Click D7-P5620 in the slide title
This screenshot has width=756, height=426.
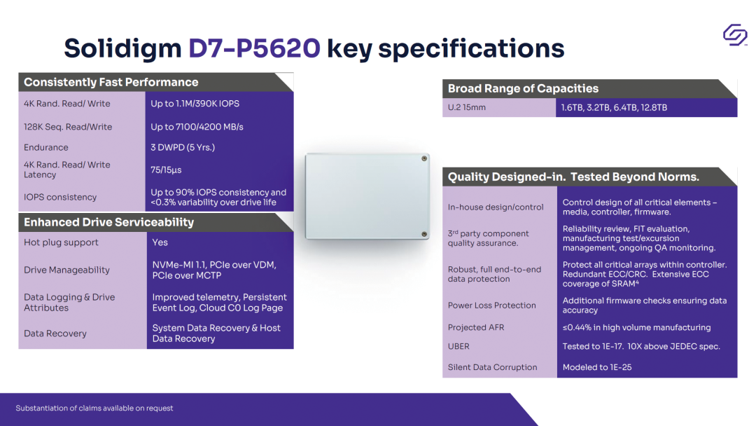click(254, 48)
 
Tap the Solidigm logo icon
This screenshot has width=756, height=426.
click(735, 35)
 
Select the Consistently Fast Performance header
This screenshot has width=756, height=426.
click(111, 82)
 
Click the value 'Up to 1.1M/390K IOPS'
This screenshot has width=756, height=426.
click(195, 104)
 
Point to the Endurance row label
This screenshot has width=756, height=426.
click(45, 148)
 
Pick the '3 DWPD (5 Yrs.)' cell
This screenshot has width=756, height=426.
click(183, 148)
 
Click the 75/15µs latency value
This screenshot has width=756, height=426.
click(166, 170)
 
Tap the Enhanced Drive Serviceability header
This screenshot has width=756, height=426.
click(109, 222)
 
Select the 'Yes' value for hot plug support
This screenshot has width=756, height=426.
click(160, 242)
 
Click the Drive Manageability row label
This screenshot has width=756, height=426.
click(66, 270)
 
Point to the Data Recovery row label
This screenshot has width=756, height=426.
click(55, 334)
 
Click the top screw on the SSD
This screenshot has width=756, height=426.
click(424, 158)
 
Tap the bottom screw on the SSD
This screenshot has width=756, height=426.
click(424, 235)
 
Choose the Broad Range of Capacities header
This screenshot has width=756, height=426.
click(523, 88)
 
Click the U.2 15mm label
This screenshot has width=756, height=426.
click(467, 108)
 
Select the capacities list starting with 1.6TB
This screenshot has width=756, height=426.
click(615, 108)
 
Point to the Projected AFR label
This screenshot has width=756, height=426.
click(476, 328)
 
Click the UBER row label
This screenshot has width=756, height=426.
click(458, 346)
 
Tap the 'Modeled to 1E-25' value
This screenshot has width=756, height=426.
click(597, 367)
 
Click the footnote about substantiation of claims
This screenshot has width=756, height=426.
click(94, 408)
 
